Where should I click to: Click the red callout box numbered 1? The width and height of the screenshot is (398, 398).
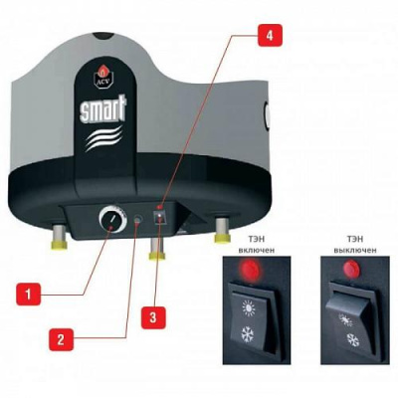pos(31,296)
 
